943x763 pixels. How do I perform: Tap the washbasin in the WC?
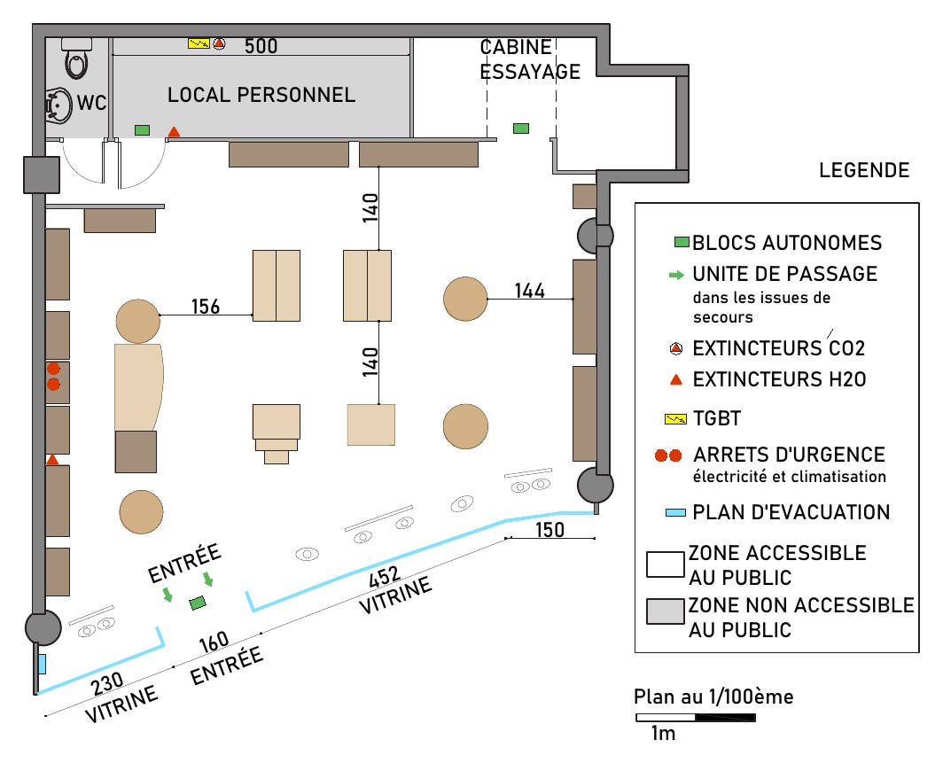coord(58,105)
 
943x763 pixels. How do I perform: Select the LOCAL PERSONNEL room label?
coord(261,95)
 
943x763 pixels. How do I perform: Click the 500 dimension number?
coord(261,46)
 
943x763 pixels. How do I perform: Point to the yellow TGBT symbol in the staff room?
coord(199,43)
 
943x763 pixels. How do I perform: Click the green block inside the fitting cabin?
coord(521,128)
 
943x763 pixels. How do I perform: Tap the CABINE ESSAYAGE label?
coord(530,59)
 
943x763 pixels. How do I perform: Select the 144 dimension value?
coord(529,291)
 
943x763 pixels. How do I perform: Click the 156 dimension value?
coord(206,307)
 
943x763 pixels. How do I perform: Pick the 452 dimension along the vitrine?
coord(385,577)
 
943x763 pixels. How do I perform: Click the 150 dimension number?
coord(549,530)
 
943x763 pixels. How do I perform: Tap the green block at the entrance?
coord(198,603)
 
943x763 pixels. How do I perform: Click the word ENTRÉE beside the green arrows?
coord(184,564)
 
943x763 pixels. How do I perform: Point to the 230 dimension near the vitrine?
coord(107,684)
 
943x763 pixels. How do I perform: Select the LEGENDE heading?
coord(864,170)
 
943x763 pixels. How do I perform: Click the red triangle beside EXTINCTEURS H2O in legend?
coord(676,379)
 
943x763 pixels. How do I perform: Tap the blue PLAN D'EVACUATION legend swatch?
coord(675,513)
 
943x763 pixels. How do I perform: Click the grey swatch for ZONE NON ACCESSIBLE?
coord(665,611)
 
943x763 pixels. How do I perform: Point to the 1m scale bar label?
coord(663,734)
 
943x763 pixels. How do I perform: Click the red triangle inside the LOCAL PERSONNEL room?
coord(174,132)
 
